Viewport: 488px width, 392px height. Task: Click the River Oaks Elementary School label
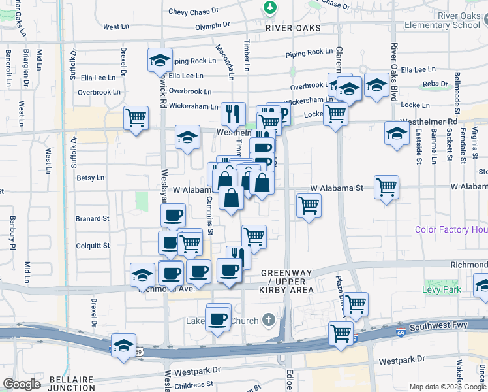(x=442, y=20)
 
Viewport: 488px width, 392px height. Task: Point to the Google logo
(x=22, y=384)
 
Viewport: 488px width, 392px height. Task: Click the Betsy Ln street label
(x=91, y=178)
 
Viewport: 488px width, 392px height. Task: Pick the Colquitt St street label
(x=93, y=246)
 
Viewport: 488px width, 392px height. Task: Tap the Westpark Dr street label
(x=401, y=360)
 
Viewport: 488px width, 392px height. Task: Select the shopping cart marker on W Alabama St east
(x=386, y=187)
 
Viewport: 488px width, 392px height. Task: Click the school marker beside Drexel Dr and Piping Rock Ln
(x=160, y=61)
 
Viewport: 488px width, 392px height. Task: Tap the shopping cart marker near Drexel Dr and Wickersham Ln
(x=136, y=118)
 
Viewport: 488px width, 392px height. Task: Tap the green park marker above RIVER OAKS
(x=269, y=7)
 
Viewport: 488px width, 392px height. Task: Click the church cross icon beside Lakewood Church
(x=268, y=319)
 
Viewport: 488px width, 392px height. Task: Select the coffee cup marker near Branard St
(x=174, y=216)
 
